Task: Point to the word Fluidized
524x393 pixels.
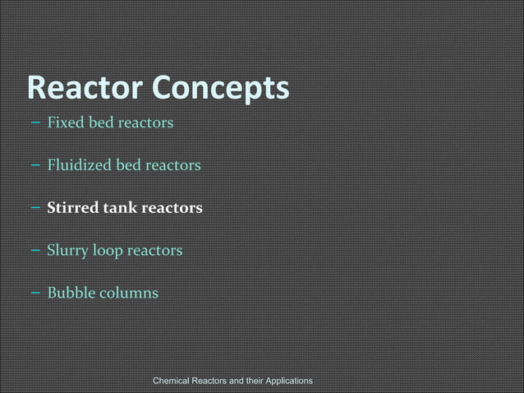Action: pyautogui.click(x=79, y=165)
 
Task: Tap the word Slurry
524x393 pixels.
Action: pyautogui.click(x=67, y=250)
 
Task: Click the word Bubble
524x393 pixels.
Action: pyautogui.click(x=68, y=292)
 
